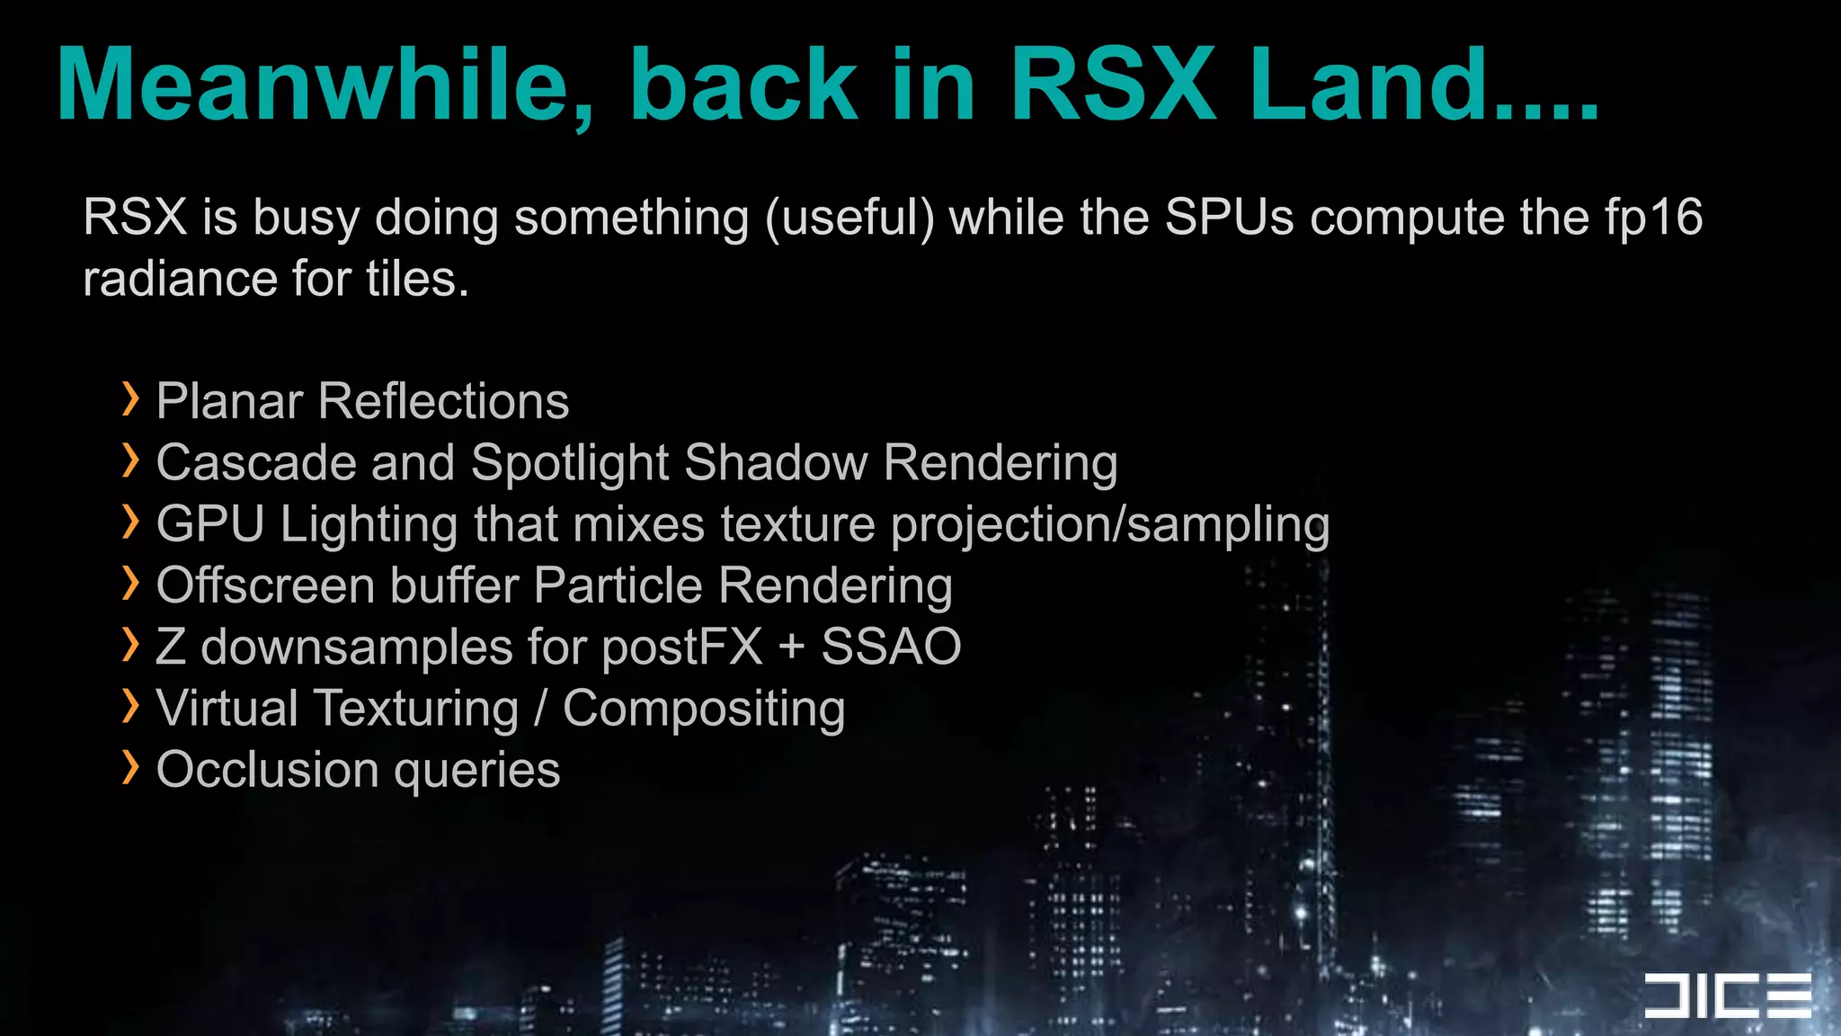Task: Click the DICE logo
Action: point(1727,996)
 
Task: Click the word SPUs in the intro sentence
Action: point(1229,218)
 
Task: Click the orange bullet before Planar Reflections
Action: point(131,399)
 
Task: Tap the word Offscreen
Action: point(265,585)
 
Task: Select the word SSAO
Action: point(891,647)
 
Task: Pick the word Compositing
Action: point(704,710)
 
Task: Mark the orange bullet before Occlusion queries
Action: point(131,768)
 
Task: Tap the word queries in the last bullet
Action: point(476,772)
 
